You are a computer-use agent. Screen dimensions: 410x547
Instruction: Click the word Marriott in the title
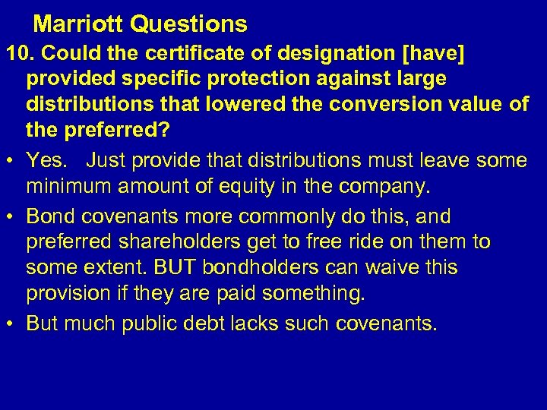pos(79,24)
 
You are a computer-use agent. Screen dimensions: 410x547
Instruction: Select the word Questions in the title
pos(189,24)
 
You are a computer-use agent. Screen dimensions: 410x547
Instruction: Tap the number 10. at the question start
pos(19,53)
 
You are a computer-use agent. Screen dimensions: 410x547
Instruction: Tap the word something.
pos(314,294)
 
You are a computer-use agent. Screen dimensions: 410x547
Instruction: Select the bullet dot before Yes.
pos(11,160)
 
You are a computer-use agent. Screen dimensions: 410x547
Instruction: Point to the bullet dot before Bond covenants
pos(11,216)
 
